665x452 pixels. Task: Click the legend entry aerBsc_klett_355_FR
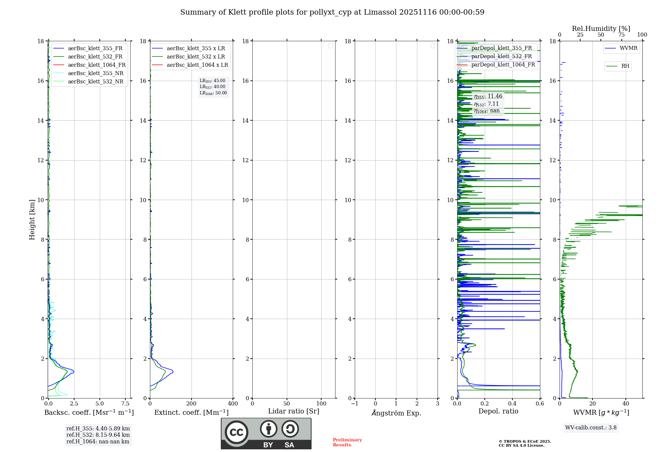click(x=95, y=49)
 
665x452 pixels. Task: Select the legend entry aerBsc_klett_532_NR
click(x=95, y=82)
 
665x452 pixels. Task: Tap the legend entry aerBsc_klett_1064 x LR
click(x=197, y=65)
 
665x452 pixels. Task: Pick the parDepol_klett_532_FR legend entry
click(x=501, y=56)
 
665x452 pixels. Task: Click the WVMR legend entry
click(x=628, y=48)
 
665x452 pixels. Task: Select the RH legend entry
click(x=625, y=66)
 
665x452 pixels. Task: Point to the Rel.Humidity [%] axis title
click(x=601, y=29)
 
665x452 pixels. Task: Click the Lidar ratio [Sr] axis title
click(x=294, y=411)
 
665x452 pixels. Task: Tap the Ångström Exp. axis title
click(x=396, y=413)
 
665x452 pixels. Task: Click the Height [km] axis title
click(x=32, y=220)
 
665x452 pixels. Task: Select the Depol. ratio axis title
click(x=498, y=411)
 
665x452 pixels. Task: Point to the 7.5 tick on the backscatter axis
click(x=125, y=404)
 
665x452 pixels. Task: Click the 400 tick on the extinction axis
click(x=233, y=404)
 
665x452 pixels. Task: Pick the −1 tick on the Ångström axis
click(x=355, y=404)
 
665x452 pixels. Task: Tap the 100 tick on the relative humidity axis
click(x=642, y=35)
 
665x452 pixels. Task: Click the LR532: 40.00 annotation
click(x=212, y=87)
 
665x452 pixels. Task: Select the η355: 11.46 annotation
click(x=488, y=96)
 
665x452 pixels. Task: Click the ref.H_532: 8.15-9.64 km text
click(x=98, y=435)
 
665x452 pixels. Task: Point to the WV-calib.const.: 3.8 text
click(x=591, y=428)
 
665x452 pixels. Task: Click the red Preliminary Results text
click(x=347, y=442)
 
